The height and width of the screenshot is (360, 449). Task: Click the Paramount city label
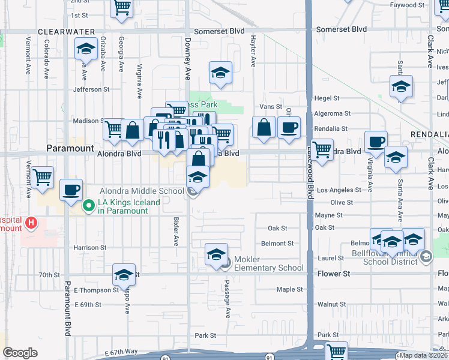(x=70, y=148)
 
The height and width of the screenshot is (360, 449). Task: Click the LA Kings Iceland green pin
(x=89, y=206)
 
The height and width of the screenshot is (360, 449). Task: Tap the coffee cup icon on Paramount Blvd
(x=71, y=190)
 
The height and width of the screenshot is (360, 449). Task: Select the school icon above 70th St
(x=124, y=274)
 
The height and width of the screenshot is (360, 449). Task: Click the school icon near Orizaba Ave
(x=86, y=48)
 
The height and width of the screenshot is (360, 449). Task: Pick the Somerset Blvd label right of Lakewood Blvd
(x=341, y=29)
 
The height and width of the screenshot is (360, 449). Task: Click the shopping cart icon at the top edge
(x=122, y=7)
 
